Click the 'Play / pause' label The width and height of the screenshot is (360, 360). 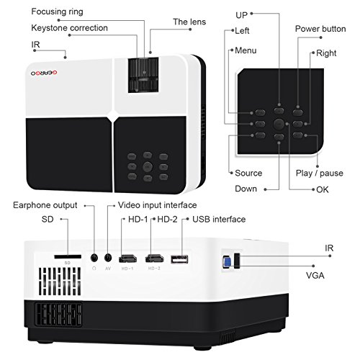[x=320, y=173]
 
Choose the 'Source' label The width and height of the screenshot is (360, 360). [x=248, y=173]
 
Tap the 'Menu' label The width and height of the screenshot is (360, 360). [x=246, y=51]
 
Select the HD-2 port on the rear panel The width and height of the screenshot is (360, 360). [x=155, y=258]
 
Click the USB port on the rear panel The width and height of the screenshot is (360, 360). [x=180, y=258]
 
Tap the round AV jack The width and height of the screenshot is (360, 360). [x=109, y=257]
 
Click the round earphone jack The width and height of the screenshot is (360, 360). [x=94, y=257]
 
